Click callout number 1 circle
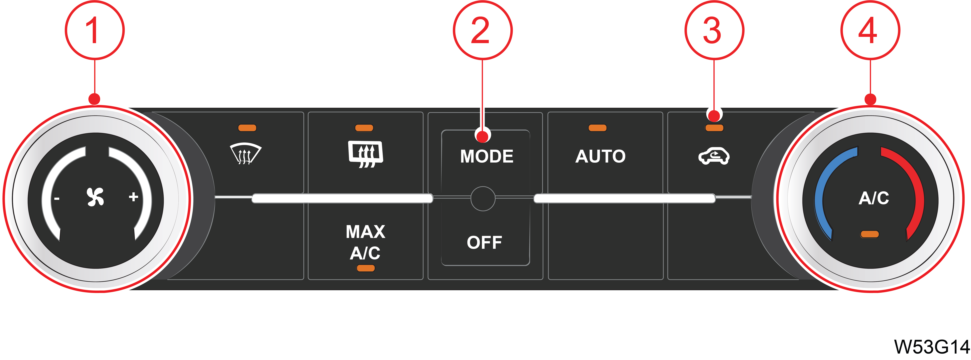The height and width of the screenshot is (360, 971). pos(95,30)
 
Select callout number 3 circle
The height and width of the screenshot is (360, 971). pos(714,30)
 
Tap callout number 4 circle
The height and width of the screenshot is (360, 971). pos(870,30)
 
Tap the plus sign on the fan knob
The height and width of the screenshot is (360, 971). pos(133,197)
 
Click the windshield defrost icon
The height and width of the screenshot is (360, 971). pos(245,154)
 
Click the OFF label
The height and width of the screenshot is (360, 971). pos(484,242)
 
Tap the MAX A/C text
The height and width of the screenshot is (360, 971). pos(365,242)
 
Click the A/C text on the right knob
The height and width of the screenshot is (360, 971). pos(874,198)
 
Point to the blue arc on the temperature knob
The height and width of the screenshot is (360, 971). pos(824,189)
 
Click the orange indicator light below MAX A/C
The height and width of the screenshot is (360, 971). pos(366,268)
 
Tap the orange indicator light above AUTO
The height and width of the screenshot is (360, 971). pos(597,128)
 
